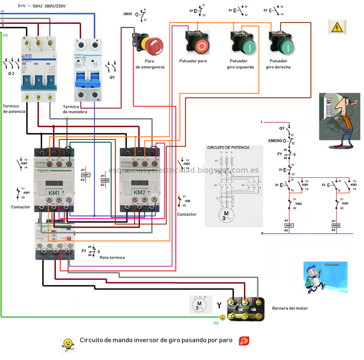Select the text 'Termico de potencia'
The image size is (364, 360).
(14, 108)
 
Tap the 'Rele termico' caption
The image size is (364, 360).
(112, 257)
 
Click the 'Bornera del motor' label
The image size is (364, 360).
(290, 308)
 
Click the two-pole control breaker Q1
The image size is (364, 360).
(87, 70)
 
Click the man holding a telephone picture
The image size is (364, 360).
(339, 120)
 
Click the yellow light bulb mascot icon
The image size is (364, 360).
(67, 344)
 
